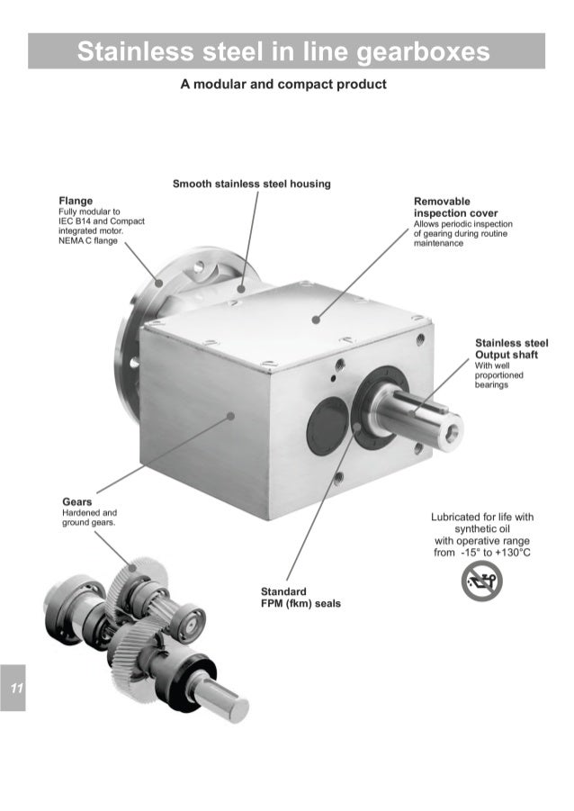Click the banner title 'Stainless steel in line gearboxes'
pyautogui.click(x=283, y=51)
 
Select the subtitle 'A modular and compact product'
pyautogui.click(x=283, y=85)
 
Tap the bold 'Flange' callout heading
pyautogui.click(x=76, y=200)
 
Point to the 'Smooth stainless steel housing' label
pyautogui.click(x=251, y=184)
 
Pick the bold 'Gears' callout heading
pyautogui.click(x=76, y=500)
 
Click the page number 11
pyautogui.click(x=15, y=689)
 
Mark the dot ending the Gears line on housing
pyautogui.click(x=232, y=416)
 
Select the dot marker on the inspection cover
pyautogui.click(x=316, y=318)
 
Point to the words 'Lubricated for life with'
pyautogui.click(x=482, y=517)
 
